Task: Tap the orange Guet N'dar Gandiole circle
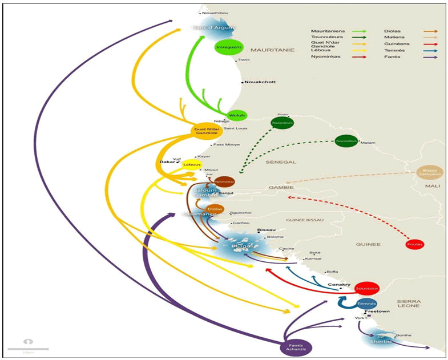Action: (205, 131)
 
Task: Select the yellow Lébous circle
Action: (193, 164)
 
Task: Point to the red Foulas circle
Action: (415, 244)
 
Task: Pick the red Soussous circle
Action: (366, 288)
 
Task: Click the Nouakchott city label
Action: (260, 82)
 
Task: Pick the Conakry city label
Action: (338, 285)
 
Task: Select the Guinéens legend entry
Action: (395, 43)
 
